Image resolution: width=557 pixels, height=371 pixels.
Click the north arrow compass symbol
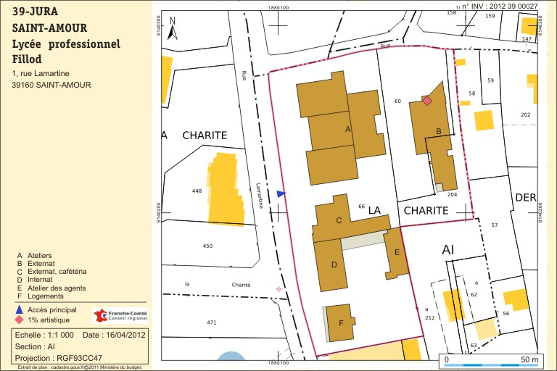[x=172, y=28]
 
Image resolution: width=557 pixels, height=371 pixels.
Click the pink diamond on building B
[x=427, y=101]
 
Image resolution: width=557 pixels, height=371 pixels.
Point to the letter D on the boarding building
[x=334, y=264]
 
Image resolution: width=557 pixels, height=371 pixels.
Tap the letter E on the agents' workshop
[x=396, y=252]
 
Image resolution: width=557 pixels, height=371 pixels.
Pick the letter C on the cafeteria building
[x=339, y=220]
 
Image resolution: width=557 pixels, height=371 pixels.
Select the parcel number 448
[x=197, y=191]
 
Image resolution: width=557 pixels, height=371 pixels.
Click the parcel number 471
[x=212, y=322]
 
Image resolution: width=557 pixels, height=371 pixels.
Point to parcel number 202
[x=526, y=115]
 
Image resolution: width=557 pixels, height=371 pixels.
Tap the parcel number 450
[x=207, y=246]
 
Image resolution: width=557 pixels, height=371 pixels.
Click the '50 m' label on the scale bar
[x=529, y=359]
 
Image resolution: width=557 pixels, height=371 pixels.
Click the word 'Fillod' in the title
[x=27, y=59]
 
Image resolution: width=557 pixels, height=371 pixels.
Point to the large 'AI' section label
[x=448, y=249]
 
